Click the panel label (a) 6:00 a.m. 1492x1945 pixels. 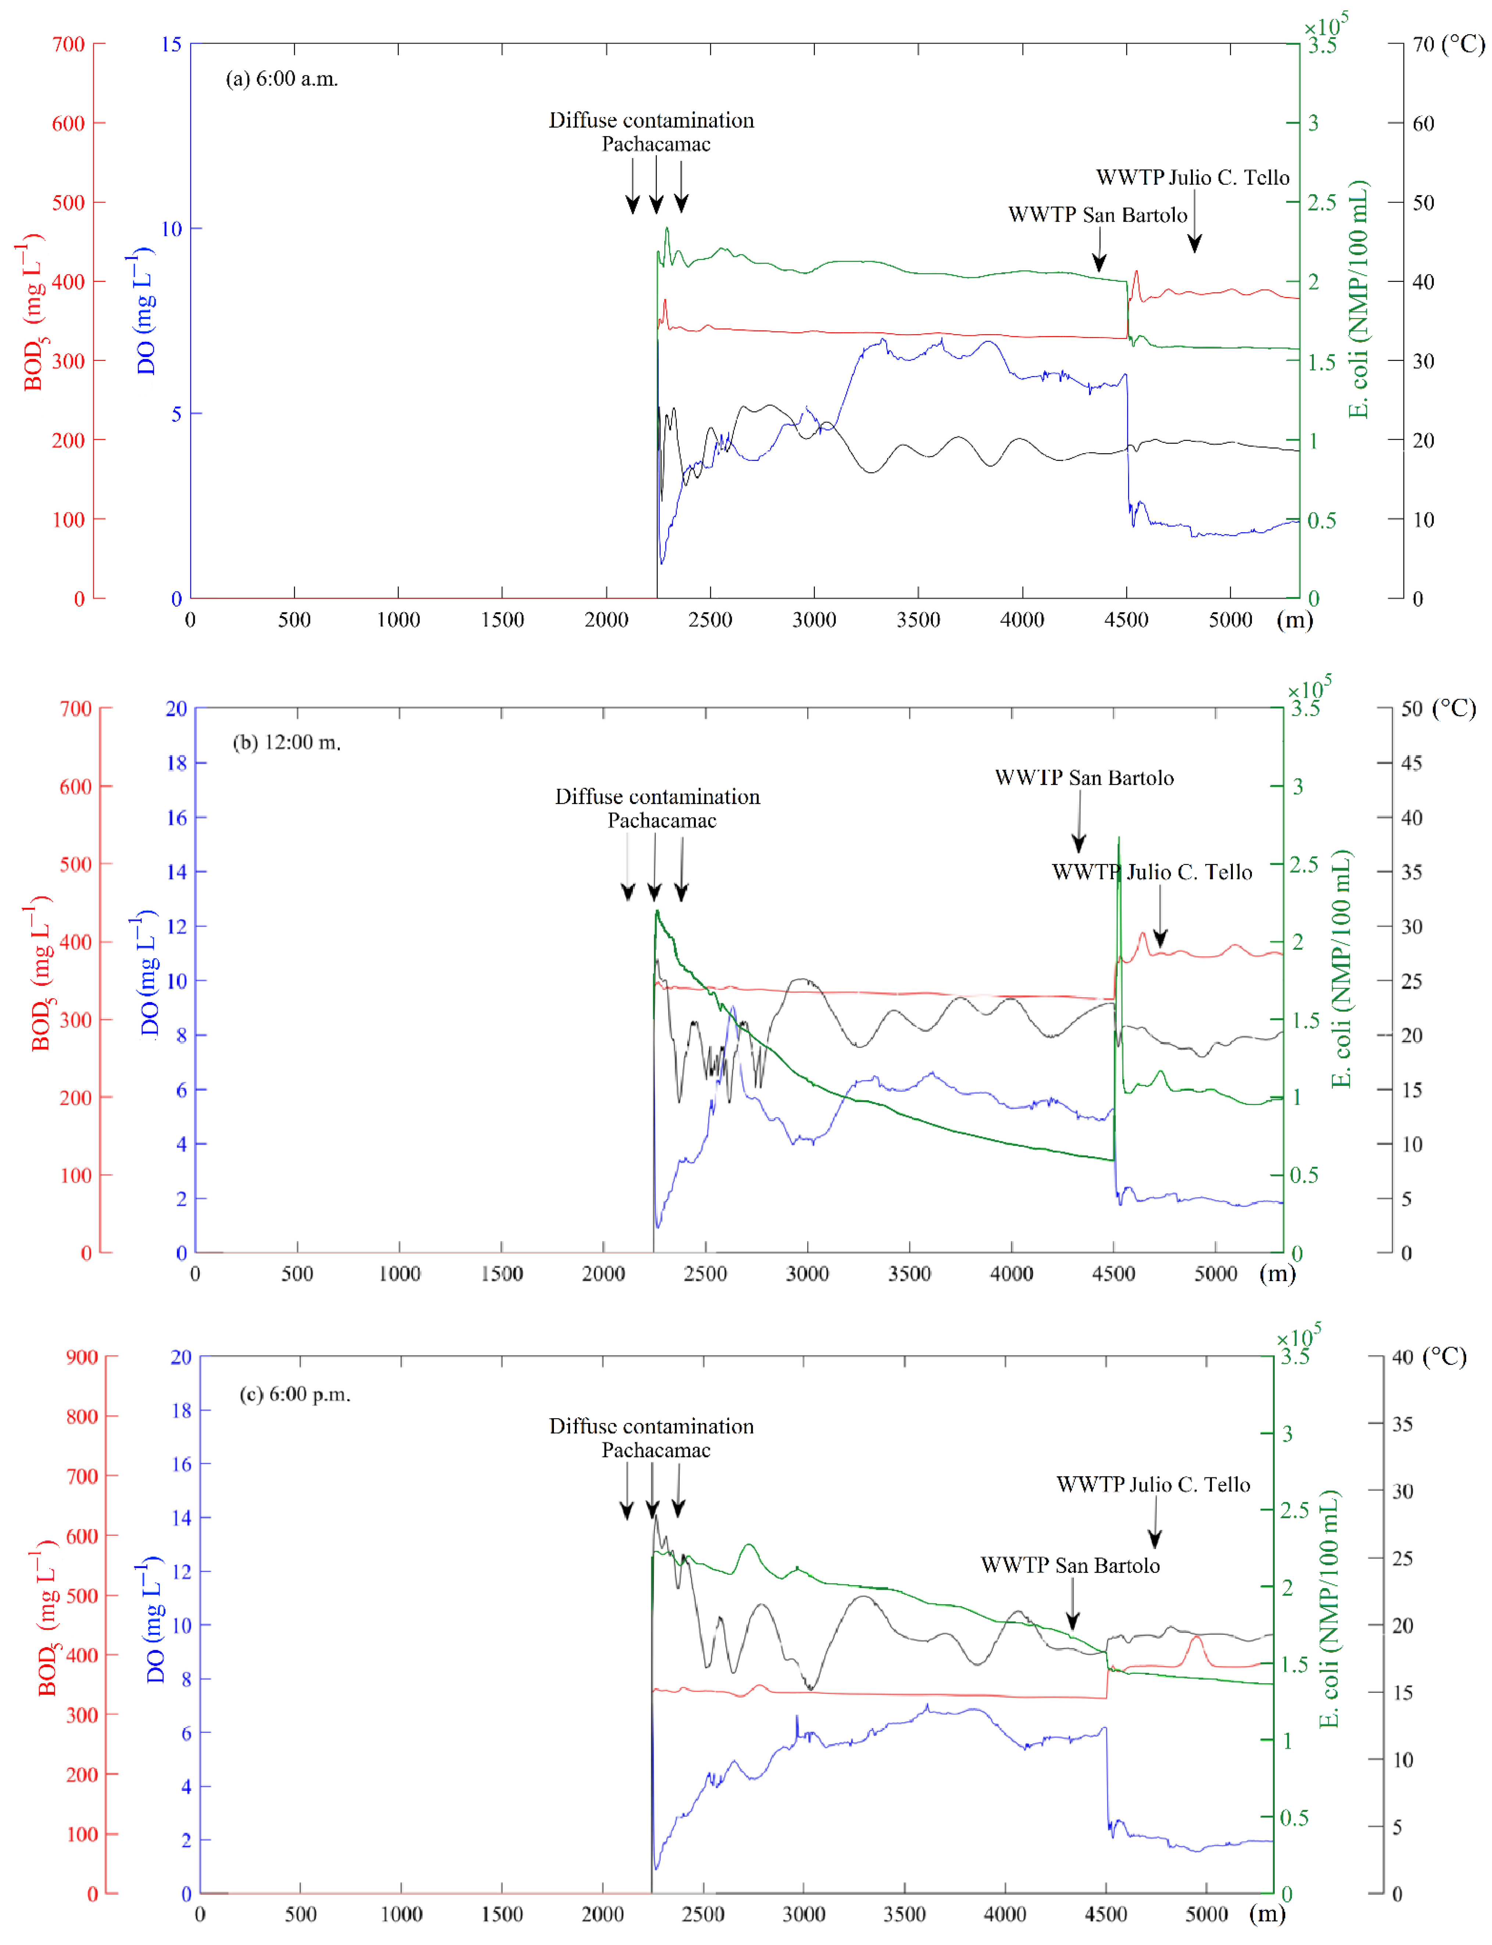click(x=282, y=79)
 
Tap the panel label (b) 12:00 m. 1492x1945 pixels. click(x=287, y=743)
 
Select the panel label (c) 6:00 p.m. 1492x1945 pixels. click(x=295, y=1394)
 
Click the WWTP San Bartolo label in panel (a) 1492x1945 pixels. click(x=1098, y=215)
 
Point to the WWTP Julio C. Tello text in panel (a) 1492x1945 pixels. click(x=1193, y=178)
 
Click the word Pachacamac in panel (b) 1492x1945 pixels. click(x=662, y=820)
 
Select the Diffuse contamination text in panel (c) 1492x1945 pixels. click(x=651, y=1426)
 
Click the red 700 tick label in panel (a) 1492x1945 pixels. click(x=68, y=44)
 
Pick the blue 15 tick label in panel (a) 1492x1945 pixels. click(x=171, y=44)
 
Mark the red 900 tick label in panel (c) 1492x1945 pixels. click(x=82, y=1357)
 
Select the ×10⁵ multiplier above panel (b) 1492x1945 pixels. click(x=1310, y=689)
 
